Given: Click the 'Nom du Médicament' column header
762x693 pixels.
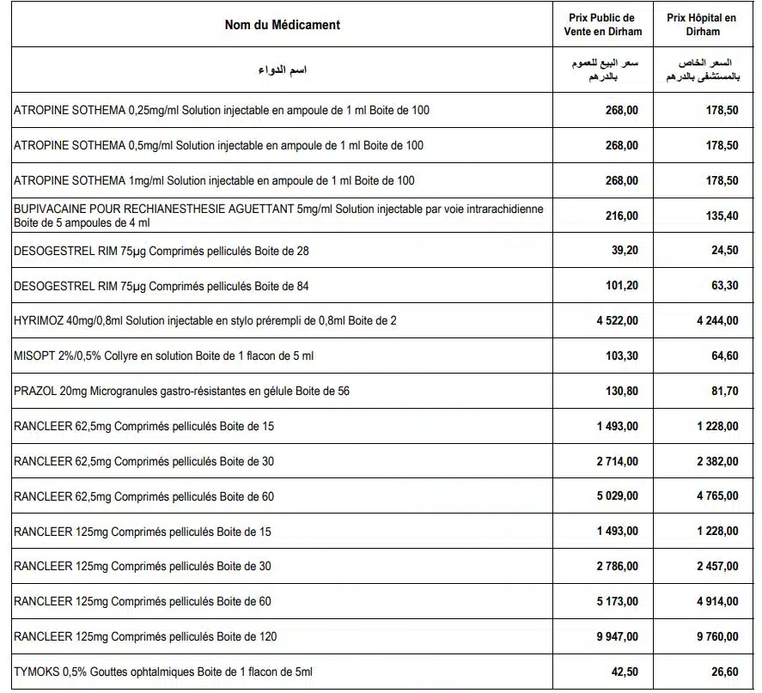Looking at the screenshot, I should coord(282,25).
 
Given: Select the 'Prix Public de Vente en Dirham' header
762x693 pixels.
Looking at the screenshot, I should coord(602,24).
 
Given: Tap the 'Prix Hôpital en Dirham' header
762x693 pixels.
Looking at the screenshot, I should coord(703,24).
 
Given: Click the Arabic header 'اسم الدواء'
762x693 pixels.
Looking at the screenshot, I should coord(282,70).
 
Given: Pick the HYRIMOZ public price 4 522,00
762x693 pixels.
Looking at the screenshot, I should coord(617,320).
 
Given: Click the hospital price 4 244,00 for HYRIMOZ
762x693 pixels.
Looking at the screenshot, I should coord(716,320).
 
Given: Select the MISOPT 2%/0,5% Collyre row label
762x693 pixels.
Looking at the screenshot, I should coord(164,356).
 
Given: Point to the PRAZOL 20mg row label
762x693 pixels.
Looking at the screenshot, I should coord(181,391).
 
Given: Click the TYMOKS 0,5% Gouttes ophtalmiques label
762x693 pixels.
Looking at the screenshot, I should coord(163,672).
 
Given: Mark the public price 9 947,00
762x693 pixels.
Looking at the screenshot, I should coord(617,636).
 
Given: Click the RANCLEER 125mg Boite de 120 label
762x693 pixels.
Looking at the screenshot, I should coord(145,636).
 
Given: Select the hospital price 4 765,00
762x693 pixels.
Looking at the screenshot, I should coord(716,496).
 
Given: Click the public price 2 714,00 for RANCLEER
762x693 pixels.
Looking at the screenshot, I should coord(617,461).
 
